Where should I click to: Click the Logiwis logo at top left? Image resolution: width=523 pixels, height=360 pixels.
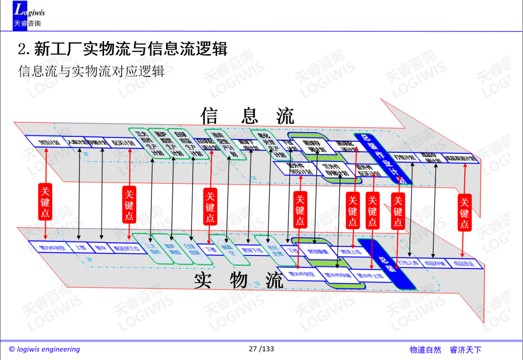click(29, 15)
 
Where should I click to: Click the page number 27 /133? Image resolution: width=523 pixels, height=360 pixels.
click(261, 349)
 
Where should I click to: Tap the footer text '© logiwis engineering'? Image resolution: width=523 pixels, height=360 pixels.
click(45, 349)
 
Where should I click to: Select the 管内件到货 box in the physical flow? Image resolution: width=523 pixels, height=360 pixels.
click(51, 248)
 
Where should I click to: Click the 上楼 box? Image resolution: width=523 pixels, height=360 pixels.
click(80, 248)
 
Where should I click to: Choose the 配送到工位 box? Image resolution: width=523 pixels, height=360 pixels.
click(123, 249)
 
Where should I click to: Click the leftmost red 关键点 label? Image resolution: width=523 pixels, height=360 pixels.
click(45, 202)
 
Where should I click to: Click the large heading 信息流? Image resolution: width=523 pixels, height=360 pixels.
click(247, 116)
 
